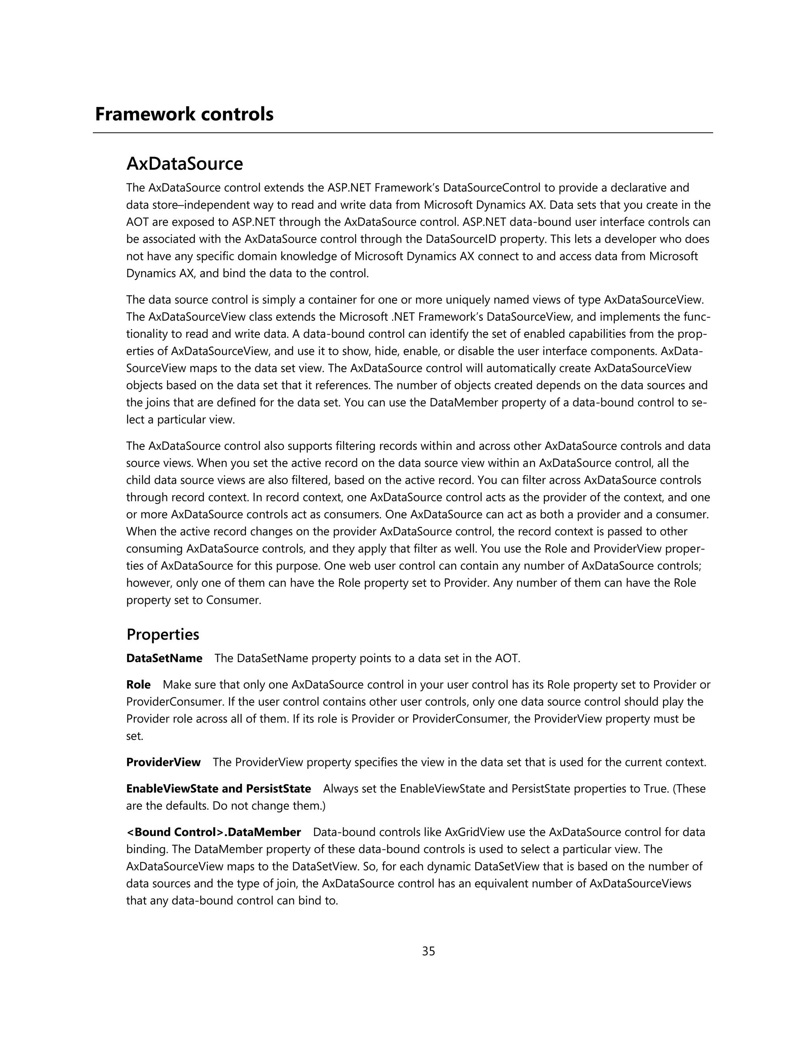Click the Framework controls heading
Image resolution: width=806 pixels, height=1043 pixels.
coord(184,115)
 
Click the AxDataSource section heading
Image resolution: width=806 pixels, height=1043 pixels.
coord(184,164)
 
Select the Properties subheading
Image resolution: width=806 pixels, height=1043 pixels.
coord(163,635)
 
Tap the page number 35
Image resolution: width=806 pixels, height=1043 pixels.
coord(428,951)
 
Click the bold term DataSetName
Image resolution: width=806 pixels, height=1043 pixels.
coord(164,658)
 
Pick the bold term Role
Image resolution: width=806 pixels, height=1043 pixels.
coord(138,685)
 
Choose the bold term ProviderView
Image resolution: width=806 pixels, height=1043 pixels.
coord(163,762)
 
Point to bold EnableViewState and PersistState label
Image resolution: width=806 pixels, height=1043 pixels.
coord(218,788)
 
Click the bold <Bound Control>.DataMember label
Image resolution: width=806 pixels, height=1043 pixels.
coord(213,832)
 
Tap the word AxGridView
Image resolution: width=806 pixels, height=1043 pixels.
coord(475,832)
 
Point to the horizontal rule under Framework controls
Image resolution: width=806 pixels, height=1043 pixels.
coord(403,133)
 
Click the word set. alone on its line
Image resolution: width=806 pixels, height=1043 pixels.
coord(135,736)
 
